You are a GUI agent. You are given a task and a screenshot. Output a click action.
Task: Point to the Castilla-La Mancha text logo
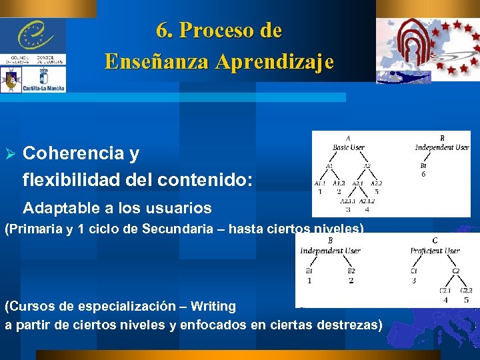pyautogui.click(x=43, y=87)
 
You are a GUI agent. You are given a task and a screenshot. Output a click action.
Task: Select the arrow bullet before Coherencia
pyautogui.click(x=9, y=155)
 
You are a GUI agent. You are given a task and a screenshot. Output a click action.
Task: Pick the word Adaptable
pyautogui.click(x=59, y=208)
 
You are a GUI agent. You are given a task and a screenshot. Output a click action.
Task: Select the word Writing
pyautogui.click(x=213, y=307)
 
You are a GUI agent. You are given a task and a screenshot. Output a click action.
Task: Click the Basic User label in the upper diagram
pyautogui.click(x=349, y=147)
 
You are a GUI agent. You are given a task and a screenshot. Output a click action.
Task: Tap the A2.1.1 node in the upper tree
pyautogui.click(x=348, y=201)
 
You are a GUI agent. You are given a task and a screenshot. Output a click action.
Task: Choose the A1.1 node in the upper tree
pyautogui.click(x=320, y=183)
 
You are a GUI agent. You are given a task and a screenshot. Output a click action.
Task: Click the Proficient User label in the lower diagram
pyautogui.click(x=435, y=251)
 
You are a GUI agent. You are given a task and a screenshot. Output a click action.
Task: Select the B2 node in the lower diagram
pyautogui.click(x=351, y=271)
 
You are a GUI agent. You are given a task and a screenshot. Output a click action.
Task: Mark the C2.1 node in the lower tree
pyautogui.click(x=446, y=291)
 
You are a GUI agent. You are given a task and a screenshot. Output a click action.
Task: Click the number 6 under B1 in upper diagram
pyautogui.click(x=423, y=174)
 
